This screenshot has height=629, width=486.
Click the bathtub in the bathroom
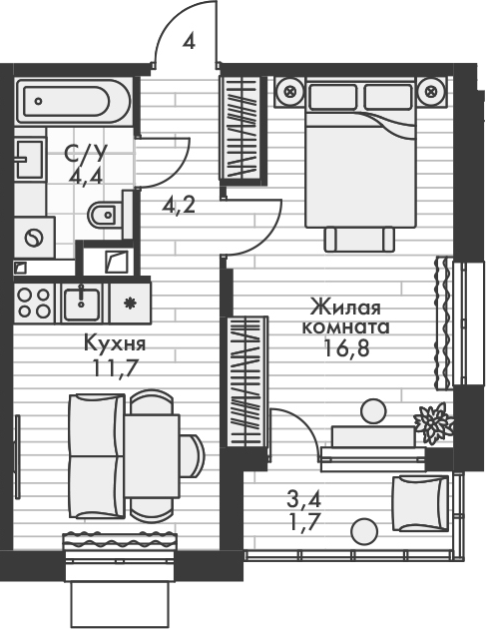(68, 100)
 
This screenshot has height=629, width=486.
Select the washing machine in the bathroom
(36, 238)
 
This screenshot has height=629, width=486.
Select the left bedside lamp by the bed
(290, 93)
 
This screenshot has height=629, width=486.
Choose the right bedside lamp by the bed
(431, 93)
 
